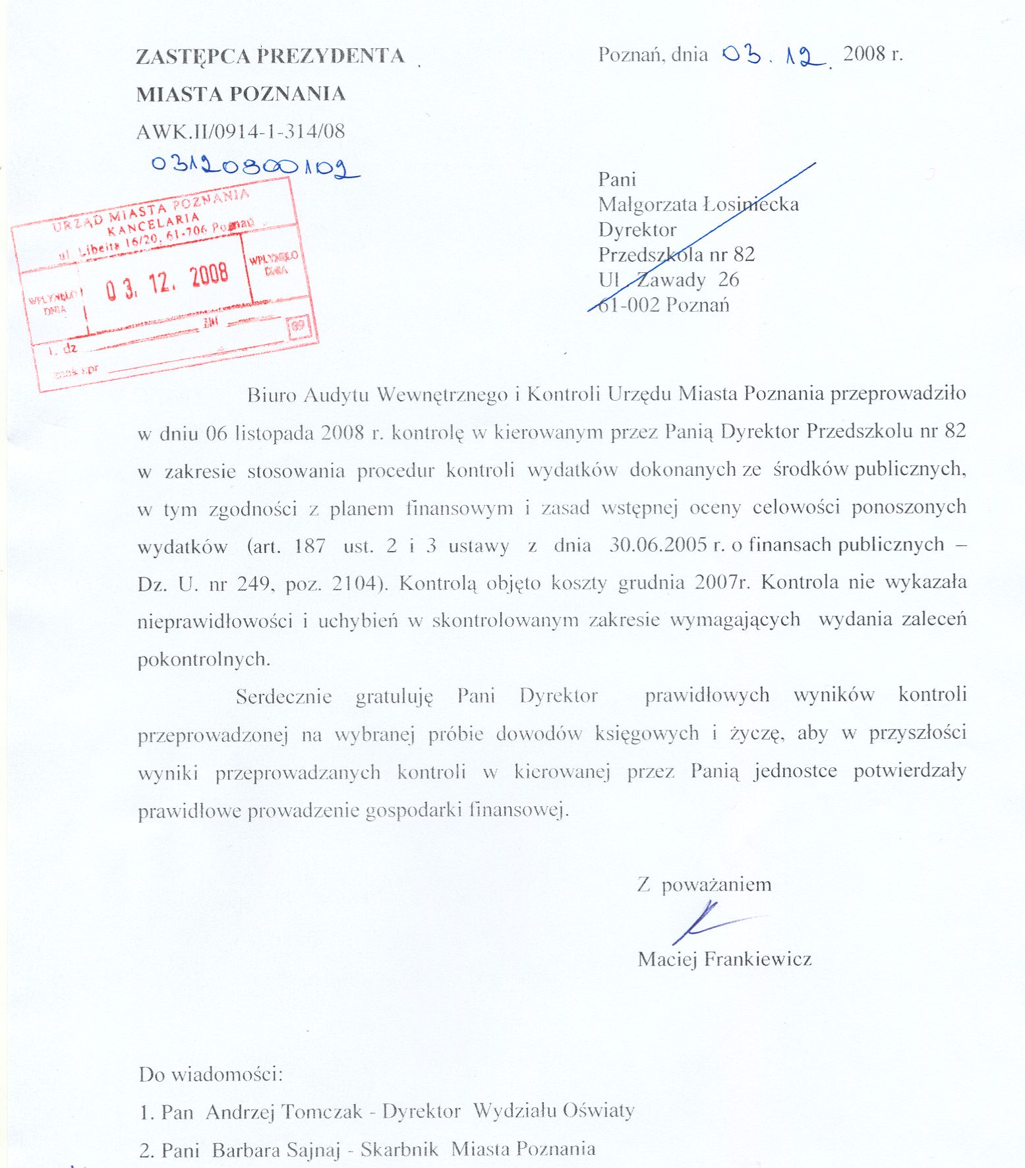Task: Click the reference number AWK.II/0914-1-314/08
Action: click(x=241, y=131)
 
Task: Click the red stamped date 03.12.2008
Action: click(x=167, y=281)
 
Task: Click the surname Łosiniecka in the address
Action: click(x=751, y=204)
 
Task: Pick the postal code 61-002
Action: click(x=629, y=305)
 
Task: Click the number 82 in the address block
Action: click(x=744, y=254)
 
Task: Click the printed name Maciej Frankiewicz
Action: click(x=724, y=958)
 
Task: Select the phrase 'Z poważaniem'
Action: click(x=704, y=885)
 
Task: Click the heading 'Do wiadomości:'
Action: click(x=211, y=1074)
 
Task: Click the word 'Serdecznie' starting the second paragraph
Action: click(x=283, y=697)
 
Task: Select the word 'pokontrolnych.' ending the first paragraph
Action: click(x=204, y=659)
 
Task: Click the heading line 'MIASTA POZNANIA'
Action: click(x=241, y=94)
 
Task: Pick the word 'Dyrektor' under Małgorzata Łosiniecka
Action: click(x=637, y=229)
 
